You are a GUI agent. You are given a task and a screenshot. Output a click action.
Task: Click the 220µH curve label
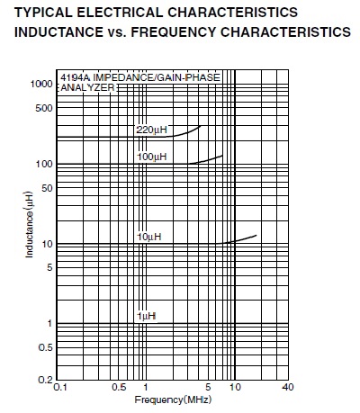151,130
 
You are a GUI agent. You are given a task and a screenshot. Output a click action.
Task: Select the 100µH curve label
152,157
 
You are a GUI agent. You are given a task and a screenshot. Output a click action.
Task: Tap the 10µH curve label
149,237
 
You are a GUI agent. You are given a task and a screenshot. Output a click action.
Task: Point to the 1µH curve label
147,316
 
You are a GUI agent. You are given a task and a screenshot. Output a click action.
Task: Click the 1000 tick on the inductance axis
41,85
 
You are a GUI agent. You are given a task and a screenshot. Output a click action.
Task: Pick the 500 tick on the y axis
44,108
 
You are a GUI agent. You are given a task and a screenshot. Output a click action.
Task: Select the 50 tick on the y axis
47,188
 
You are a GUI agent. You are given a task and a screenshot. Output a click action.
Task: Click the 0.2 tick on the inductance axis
45,380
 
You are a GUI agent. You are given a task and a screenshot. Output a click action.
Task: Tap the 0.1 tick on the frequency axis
60,388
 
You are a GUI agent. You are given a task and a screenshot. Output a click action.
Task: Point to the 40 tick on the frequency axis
288,387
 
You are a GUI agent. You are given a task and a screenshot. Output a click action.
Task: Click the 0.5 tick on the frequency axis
119,387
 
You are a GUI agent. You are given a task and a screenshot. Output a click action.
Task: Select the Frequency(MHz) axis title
173,400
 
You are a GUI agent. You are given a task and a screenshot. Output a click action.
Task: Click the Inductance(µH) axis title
29,224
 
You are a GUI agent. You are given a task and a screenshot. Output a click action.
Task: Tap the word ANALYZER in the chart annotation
87,87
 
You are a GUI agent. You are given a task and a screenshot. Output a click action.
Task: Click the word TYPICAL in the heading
43,13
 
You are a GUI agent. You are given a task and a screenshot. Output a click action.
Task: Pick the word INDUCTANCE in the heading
58,31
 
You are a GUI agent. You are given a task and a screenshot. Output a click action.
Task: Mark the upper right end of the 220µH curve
200,126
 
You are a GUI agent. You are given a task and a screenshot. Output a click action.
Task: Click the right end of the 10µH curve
256,235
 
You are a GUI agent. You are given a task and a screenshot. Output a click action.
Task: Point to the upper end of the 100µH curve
222,156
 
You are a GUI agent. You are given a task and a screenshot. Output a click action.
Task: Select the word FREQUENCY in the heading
174,31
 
